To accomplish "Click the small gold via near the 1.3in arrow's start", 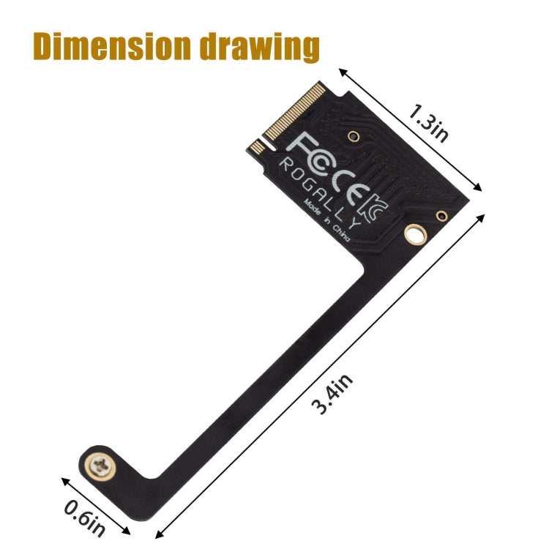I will tap(354, 135).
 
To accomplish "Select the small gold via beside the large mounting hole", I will tap(441, 216).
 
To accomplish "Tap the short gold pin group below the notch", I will tap(258, 146).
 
